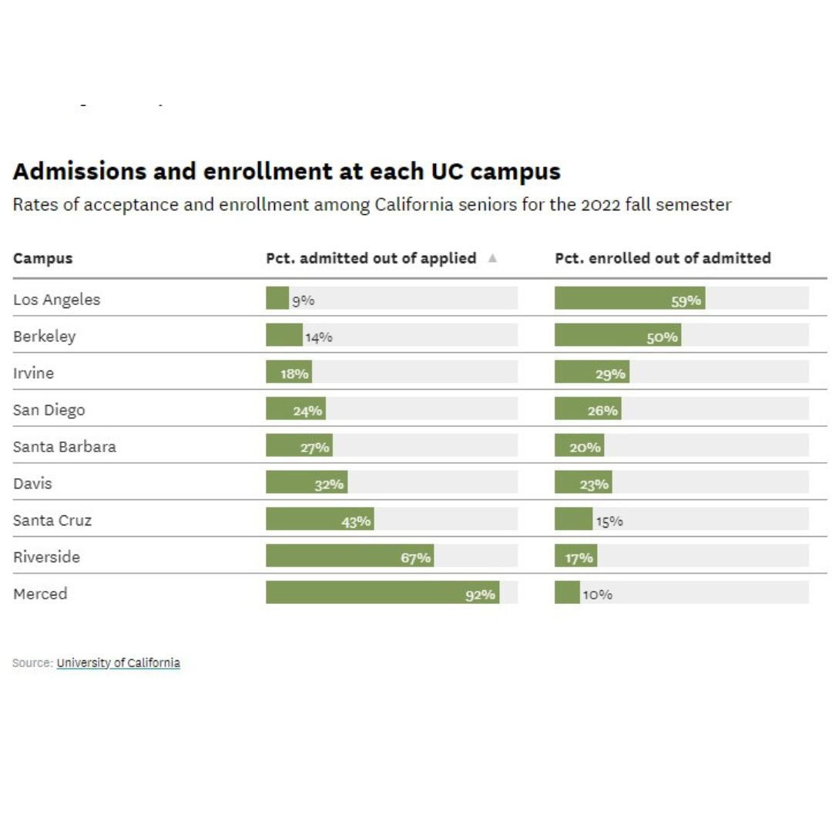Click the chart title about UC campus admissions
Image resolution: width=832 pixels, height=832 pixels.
287,171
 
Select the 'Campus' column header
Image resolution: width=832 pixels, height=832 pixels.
42,258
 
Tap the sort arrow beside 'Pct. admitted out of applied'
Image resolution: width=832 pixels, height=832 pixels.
492,258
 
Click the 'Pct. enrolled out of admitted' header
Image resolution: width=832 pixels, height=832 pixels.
663,258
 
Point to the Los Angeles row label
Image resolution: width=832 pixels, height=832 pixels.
56,300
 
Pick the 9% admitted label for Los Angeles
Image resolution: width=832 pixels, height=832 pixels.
303,300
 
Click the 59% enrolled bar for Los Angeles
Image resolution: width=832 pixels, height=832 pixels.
630,298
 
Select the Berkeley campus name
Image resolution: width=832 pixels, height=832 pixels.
44,337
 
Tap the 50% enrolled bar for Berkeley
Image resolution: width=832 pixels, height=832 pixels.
618,335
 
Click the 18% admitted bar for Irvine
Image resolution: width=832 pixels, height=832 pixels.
289,372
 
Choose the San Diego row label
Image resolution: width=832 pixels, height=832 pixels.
49,410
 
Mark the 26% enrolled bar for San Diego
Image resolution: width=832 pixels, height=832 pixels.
588,408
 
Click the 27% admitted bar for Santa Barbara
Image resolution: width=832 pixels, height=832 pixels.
299,445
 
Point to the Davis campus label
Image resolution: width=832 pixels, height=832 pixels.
32,483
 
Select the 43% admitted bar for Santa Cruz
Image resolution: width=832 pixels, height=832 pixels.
320,519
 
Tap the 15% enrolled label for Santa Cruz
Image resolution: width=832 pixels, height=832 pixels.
609,521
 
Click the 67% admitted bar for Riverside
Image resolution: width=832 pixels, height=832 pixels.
350,555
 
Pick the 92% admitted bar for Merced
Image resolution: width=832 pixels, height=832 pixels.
383,592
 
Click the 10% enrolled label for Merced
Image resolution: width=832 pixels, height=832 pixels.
598,594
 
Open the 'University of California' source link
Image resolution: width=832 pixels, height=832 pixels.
119,663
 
